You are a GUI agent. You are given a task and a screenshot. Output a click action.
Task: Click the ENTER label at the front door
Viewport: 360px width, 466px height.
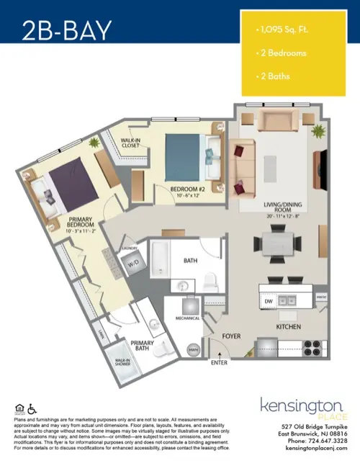[x=219, y=362]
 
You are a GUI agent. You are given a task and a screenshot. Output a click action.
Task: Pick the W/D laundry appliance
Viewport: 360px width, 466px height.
[x=133, y=264]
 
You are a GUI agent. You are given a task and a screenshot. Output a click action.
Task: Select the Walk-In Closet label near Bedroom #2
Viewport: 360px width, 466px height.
[x=130, y=142]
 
